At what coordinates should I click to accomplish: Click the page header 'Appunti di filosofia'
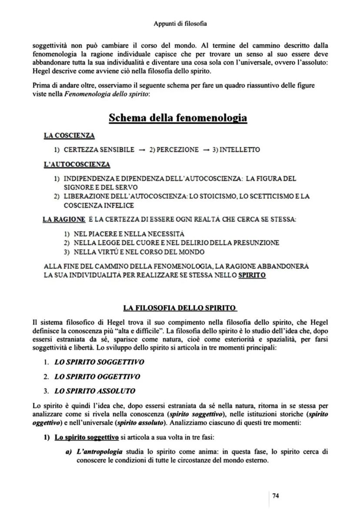pos(180,23)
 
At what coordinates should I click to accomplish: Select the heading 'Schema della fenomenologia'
pos(177,118)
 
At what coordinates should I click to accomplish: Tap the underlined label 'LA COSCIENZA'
pos(69,136)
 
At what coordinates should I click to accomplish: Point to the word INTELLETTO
pos(240,150)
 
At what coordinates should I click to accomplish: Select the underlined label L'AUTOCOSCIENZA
pos(77,164)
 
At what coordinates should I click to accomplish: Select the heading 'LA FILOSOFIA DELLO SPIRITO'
pos(180,308)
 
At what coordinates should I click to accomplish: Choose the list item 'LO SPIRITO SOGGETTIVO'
pos(99,362)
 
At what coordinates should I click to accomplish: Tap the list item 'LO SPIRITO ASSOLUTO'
pos(95,391)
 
